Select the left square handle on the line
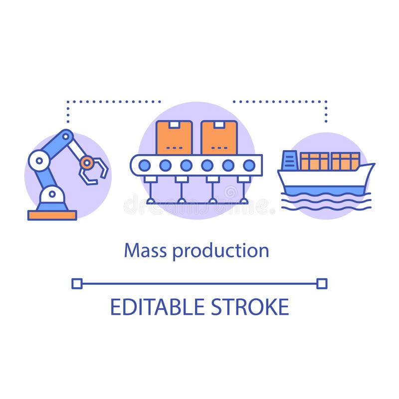click(x=77, y=284)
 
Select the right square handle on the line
click(x=322, y=284)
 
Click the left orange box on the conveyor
click(x=174, y=138)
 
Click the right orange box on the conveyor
click(x=219, y=138)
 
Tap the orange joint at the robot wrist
click(x=87, y=162)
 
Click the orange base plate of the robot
click(x=52, y=215)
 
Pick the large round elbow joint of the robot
click(x=38, y=161)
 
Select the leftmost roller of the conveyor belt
click(x=145, y=165)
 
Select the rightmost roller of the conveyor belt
click(x=248, y=165)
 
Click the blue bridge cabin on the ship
click(x=289, y=160)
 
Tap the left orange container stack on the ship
click(x=314, y=161)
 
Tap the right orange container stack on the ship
click(x=345, y=161)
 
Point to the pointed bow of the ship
click(x=370, y=167)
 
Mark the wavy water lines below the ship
click(x=326, y=202)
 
